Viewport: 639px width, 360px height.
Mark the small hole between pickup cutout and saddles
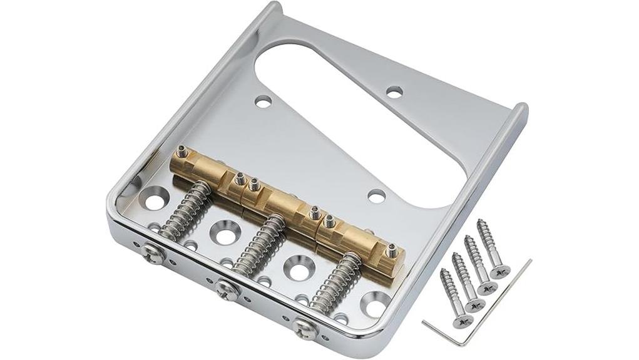pyautogui.click(x=376, y=196)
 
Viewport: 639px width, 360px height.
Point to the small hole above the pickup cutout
pyautogui.click(x=394, y=91)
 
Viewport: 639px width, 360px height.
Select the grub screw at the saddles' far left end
pyautogui.click(x=182, y=151)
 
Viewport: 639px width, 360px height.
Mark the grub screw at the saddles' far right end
pyautogui.click(x=392, y=250)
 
